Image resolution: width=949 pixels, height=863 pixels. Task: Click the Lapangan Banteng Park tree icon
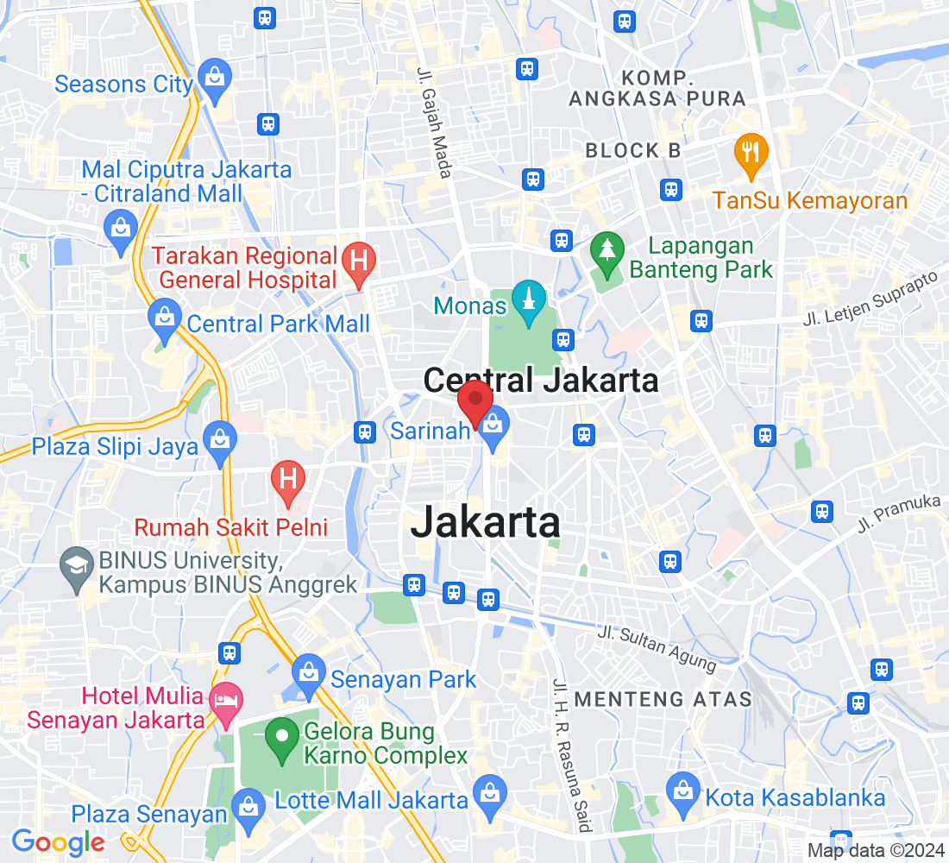(607, 250)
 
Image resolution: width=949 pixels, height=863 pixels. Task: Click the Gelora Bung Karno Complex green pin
(281, 738)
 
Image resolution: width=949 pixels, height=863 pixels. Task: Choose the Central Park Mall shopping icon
(163, 317)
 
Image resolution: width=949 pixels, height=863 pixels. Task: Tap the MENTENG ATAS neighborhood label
(663, 698)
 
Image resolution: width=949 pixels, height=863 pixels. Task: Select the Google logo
(58, 842)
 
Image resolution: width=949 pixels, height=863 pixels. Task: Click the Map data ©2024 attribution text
(876, 850)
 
